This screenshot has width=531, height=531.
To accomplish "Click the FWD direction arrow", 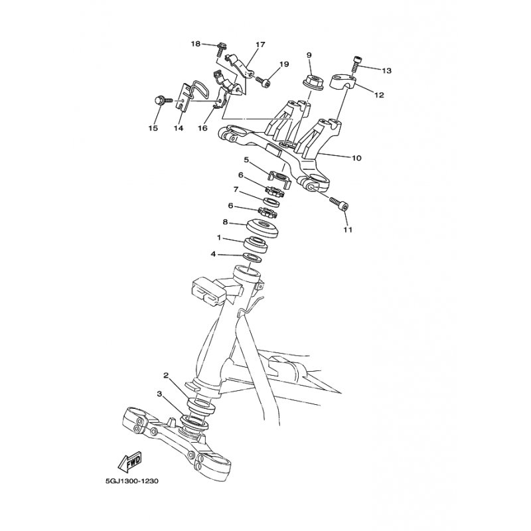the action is tap(130, 461).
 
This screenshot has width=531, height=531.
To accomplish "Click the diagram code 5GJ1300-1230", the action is tap(131, 481).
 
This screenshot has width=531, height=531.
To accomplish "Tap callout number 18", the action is tap(196, 44).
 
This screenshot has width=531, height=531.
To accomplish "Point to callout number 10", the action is tap(356, 158).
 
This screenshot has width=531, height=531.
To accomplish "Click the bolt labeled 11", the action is tap(339, 203).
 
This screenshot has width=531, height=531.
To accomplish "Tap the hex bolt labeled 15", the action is tap(163, 100).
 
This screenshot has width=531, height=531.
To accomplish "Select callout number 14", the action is tap(179, 128).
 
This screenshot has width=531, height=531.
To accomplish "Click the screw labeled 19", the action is tap(262, 80).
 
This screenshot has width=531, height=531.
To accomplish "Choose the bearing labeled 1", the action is tap(256, 245).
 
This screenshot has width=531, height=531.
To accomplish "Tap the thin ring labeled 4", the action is tap(252, 258).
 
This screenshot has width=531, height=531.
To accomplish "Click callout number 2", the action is tap(166, 375).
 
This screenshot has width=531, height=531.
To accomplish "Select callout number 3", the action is tap(159, 393).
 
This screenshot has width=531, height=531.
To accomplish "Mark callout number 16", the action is tap(202, 128).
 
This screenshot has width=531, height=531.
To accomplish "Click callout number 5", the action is tap(246, 159).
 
